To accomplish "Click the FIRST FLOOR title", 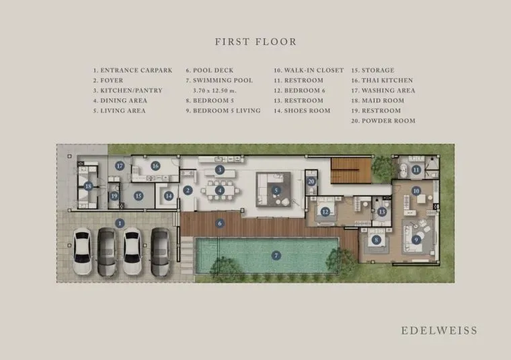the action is tap(255, 42).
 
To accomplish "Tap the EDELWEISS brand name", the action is tap(439, 330).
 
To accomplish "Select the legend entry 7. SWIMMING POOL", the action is tap(219, 80).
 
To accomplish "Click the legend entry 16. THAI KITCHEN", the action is tap(382, 80).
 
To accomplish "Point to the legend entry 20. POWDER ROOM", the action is tap(383, 120).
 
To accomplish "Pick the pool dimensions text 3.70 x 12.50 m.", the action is tap(214, 91).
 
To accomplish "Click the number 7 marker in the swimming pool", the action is tap(276, 255).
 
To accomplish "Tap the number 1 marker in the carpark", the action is tap(120, 223).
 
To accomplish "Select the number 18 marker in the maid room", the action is tap(88, 186).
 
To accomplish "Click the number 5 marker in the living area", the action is tap(276, 190).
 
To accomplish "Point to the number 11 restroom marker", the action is tap(416, 170).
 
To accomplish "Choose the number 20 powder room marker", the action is tap(311, 182).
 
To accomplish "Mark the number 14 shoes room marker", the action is tap(169, 196).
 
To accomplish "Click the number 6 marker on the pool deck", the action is tap(220, 223).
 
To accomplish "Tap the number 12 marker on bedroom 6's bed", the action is tap(325, 212).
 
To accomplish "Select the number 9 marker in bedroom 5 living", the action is tap(416, 240).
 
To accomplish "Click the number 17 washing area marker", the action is tap(120, 166).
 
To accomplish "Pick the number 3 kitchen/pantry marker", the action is tap(220, 170).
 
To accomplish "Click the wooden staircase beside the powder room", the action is tap(351, 170).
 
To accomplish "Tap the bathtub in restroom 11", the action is tap(403, 170).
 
